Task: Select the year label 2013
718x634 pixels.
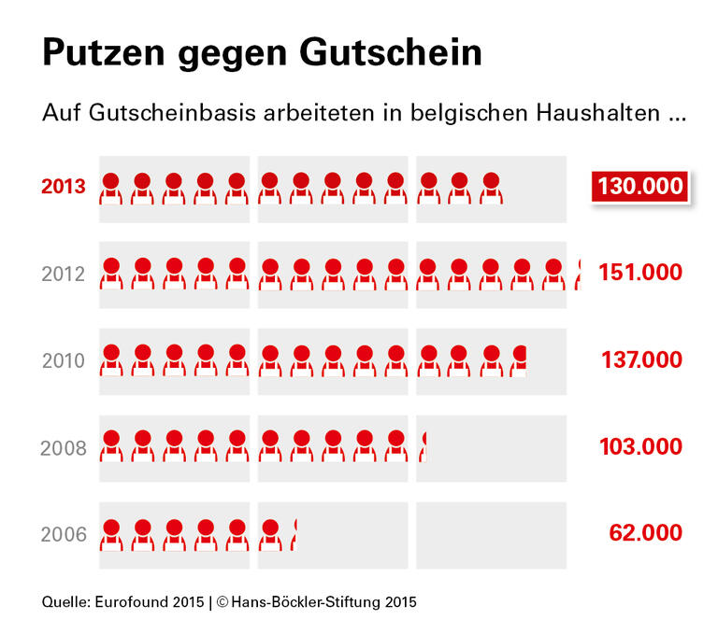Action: (64, 187)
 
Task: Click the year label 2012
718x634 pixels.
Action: (64, 275)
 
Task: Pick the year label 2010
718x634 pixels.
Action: (64, 360)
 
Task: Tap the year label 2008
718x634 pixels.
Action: (64, 447)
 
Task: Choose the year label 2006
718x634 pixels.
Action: (64, 535)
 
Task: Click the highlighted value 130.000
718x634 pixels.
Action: (640, 187)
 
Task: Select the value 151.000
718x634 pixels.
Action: (640, 273)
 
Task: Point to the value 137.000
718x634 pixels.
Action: (640, 359)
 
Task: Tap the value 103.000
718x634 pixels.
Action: (640, 446)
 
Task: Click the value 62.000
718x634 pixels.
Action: (645, 533)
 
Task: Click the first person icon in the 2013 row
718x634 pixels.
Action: (111, 188)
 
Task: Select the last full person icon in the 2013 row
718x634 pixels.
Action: (490, 188)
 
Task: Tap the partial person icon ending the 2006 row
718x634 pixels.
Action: (294, 535)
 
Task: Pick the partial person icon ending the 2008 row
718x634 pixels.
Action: (425, 447)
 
